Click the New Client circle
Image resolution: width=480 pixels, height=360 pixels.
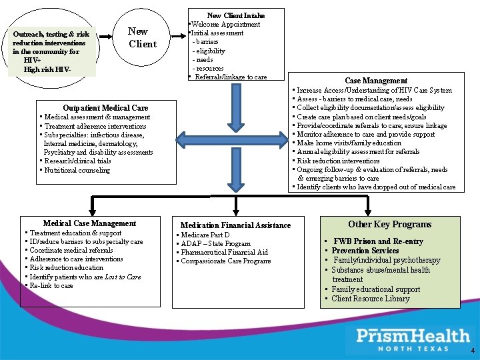click(x=141, y=38)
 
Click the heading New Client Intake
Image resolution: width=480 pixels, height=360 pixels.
click(x=236, y=15)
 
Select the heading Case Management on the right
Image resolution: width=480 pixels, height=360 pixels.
click(x=376, y=81)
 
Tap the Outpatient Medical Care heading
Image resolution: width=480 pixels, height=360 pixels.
click(x=105, y=107)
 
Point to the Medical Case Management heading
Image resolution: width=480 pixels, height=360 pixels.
click(x=89, y=223)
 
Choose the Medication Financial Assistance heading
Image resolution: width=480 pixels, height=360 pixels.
click(x=235, y=225)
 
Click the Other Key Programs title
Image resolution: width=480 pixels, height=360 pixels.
click(x=390, y=225)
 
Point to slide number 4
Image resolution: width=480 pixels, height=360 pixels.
click(x=473, y=351)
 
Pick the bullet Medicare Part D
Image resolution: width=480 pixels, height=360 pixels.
click(x=206, y=235)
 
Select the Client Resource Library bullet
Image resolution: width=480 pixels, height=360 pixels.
click(x=370, y=299)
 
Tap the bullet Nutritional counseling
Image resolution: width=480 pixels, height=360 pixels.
click(x=77, y=170)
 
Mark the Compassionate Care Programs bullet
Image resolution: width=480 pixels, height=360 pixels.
click(x=226, y=261)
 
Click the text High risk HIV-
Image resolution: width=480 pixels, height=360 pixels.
click(x=47, y=69)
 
